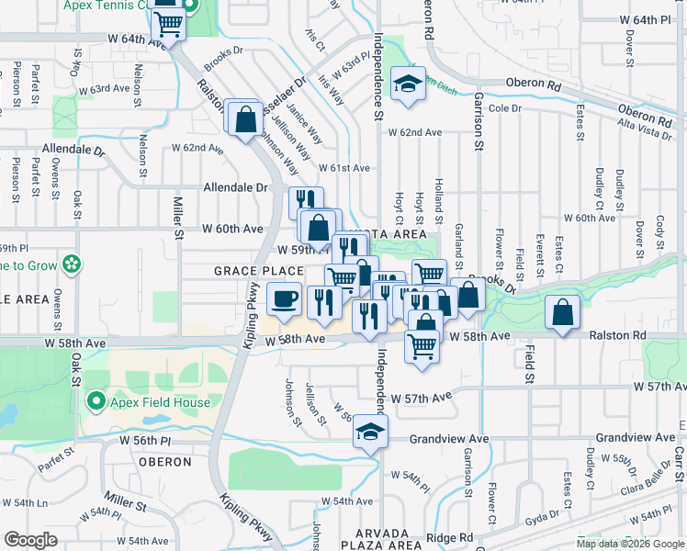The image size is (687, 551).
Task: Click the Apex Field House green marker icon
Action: pos(96,401)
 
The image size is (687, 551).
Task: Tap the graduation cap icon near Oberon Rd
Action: pos(405,84)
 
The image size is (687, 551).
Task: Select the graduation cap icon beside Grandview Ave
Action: pos(370,431)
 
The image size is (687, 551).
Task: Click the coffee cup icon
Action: pos(285,298)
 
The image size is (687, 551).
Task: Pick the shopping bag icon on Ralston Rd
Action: pos(562,313)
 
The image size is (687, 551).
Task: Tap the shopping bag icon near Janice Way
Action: pos(245,118)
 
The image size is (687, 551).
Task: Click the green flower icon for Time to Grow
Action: pos(72,265)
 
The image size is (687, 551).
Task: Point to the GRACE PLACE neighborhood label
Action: pos(258,271)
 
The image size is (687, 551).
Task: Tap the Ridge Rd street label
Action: pos(449,537)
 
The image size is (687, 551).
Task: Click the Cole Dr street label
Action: pos(505,108)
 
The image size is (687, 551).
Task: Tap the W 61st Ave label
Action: pos(343,168)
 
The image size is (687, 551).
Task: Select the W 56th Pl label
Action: pos(144,441)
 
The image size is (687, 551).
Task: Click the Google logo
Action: pos(31,540)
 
